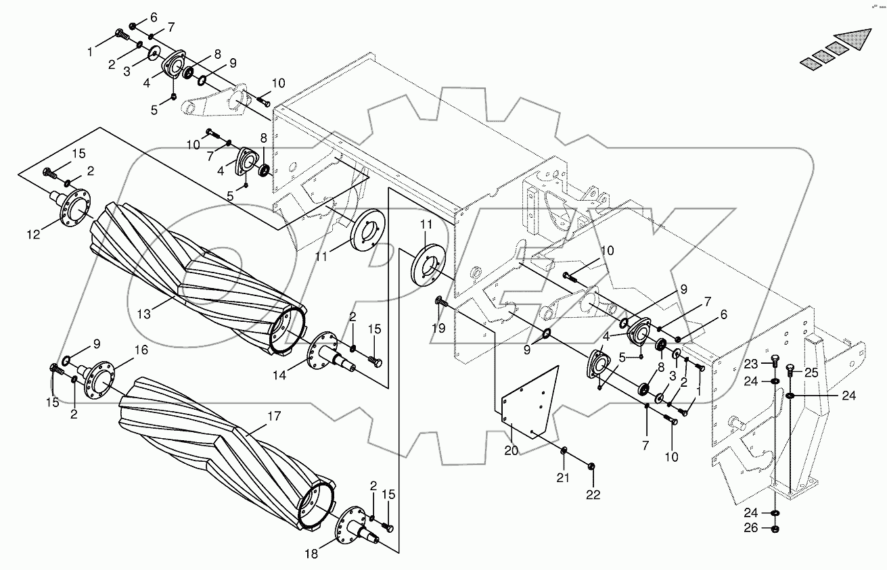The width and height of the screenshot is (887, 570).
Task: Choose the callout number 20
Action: (x=511, y=450)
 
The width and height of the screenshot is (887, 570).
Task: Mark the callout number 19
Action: (x=440, y=329)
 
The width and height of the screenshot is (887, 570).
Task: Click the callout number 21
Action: (x=564, y=477)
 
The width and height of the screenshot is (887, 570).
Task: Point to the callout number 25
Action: (x=811, y=372)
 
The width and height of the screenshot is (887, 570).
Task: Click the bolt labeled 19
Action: (x=440, y=302)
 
